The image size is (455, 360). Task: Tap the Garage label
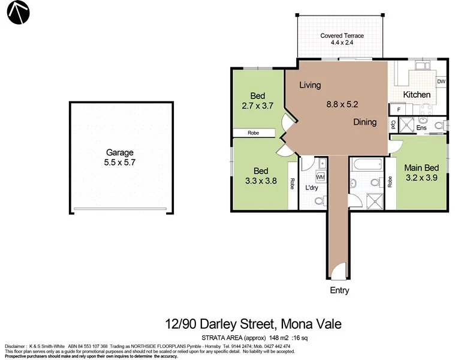pos(119,152)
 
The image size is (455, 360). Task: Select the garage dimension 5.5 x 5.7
pos(119,162)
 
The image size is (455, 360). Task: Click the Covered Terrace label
pos(342,35)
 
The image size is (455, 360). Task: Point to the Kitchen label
pos(417,95)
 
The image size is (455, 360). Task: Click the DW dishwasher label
pos(441,82)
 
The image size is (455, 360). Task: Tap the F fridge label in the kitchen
pos(398,110)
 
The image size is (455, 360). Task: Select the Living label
pos(310,85)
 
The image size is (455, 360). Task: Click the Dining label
pos(364,122)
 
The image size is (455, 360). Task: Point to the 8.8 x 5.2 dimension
pos(342,104)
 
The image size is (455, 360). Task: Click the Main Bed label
pos(422,167)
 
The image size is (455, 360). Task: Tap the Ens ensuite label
pos(421,127)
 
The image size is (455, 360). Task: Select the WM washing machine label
pos(320,177)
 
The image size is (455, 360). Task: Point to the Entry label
pos(339,290)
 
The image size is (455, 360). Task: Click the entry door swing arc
pos(339,271)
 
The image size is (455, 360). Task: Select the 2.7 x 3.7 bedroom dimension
pos(258,106)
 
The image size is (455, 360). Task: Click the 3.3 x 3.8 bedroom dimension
pos(261,180)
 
